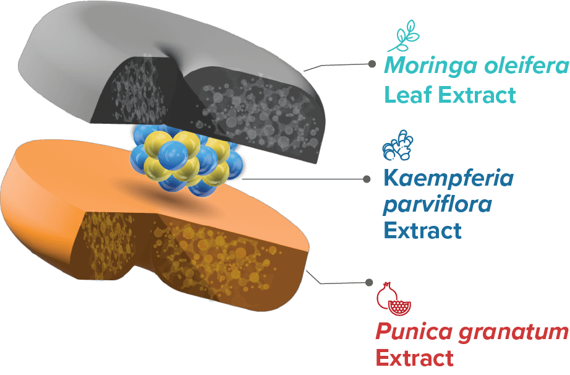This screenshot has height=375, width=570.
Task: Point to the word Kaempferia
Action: [x=448, y=179]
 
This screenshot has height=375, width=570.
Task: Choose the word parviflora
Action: [x=438, y=205]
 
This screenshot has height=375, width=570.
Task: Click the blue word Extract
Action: [x=422, y=231]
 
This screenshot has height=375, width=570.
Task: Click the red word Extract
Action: [x=415, y=358]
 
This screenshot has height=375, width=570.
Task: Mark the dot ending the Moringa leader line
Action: [x=372, y=64]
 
